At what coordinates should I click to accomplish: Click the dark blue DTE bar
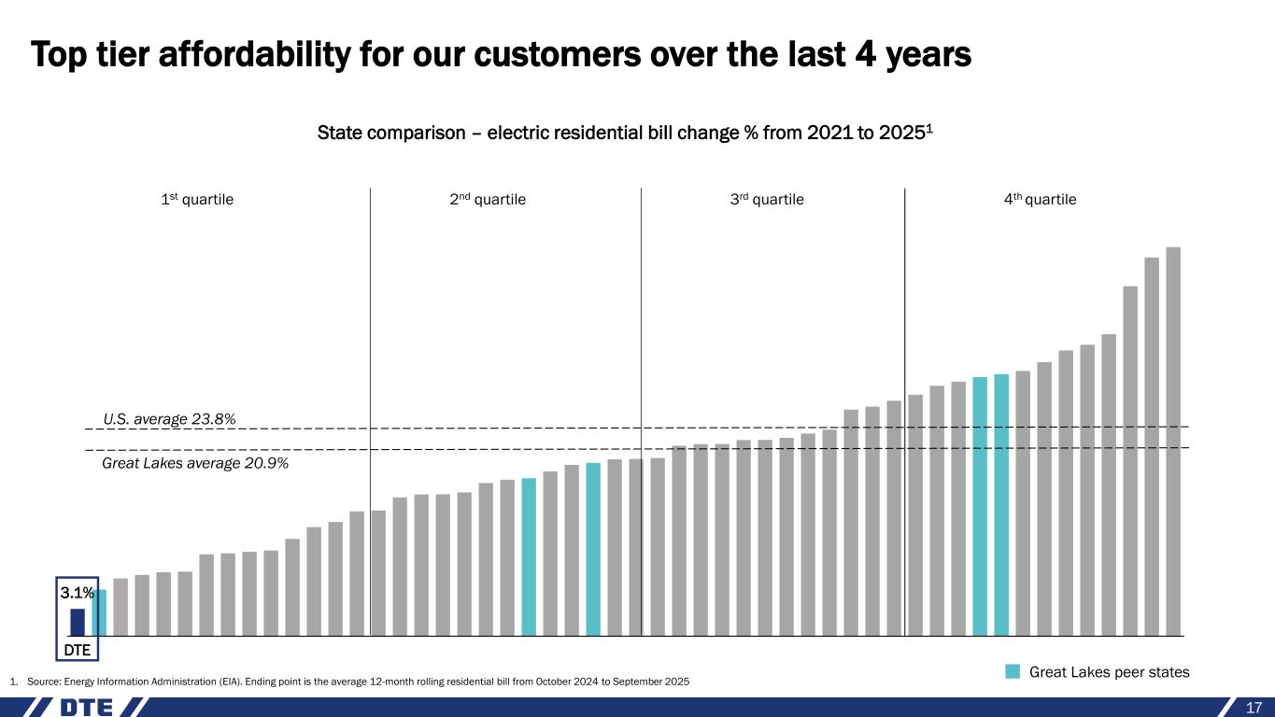[78, 622]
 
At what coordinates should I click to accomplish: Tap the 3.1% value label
[77, 593]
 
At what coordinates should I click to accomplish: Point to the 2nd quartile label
[496, 199]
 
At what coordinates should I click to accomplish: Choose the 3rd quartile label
[766, 199]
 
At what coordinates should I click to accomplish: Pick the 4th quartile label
[1039, 199]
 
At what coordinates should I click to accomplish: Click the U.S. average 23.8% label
[169, 419]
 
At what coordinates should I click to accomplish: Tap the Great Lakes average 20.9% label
[194, 462]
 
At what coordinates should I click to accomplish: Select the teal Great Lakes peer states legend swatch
[1013, 671]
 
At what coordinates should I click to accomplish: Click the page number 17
[1254, 708]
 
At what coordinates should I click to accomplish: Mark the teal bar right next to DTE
[99, 612]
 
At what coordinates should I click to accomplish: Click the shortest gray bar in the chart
[120, 607]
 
